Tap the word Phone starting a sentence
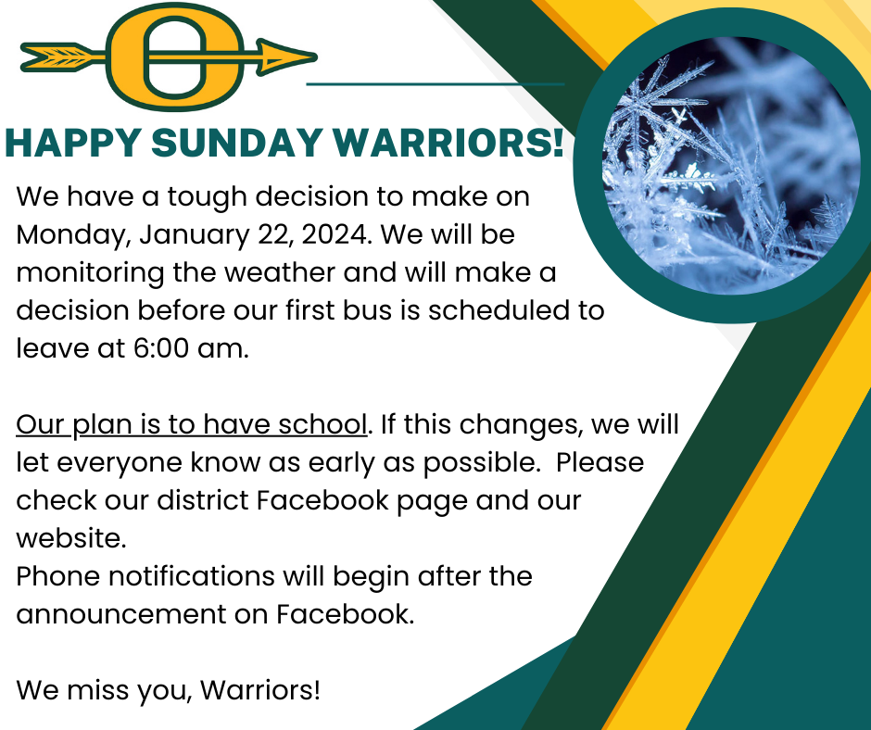(x=58, y=575)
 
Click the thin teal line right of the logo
(x=435, y=83)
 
